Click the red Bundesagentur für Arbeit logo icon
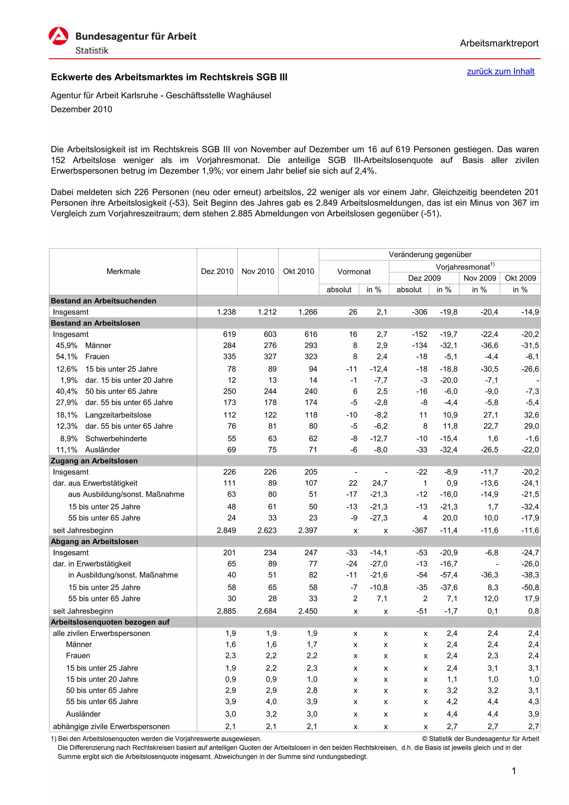pos(59,36)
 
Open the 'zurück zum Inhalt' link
pos(500,71)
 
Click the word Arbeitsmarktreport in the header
pos(499,43)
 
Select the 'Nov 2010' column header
pos(258,271)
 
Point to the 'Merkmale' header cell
pos(123,271)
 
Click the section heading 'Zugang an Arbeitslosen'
pos(94,461)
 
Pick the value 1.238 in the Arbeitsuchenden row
pos(226,312)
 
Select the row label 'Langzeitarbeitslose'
pos(118,415)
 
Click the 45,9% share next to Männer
pos(67,345)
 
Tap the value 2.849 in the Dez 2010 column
pos(226,530)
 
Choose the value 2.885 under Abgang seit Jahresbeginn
pos(226,611)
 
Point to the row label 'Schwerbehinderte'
pos(116,439)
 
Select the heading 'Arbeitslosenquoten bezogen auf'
pos(110,622)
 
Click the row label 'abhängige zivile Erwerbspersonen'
pos(111,726)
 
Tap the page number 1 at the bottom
pos(514,771)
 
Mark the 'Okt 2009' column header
pos(520,278)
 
